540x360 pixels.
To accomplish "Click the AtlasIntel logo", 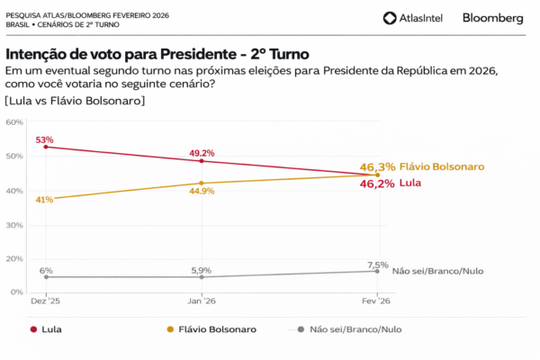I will [414, 18].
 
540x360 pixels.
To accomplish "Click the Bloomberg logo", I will [492, 18].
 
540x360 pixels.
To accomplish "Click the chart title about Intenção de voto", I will [157, 54].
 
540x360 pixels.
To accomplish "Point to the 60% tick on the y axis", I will [15, 121].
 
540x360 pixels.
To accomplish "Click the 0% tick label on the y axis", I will [17, 292].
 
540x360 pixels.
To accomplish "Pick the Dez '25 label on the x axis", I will [45, 301].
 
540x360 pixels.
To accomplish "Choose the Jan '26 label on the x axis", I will [202, 301].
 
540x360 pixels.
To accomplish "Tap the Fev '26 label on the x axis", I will [377, 301].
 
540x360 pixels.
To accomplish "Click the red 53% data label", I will [45, 140].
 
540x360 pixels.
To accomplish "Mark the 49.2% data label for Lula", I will [202, 153].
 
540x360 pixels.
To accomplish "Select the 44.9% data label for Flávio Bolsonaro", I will [202, 191].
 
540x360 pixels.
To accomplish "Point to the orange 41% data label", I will [45, 200].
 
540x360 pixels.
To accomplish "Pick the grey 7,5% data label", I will [377, 265].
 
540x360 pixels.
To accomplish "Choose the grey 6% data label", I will [46, 270].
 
